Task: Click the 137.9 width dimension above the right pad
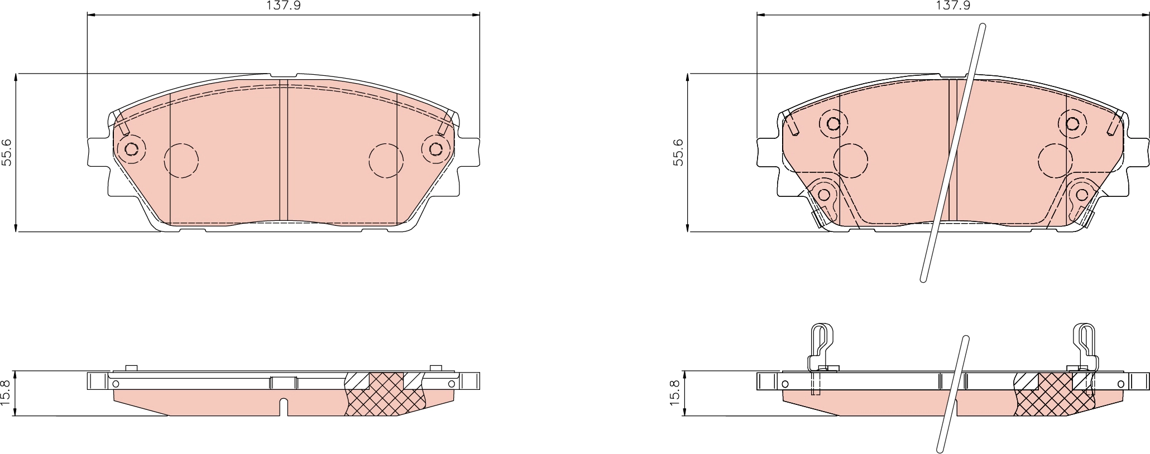coord(953,6)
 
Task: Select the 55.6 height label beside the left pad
coord(7,152)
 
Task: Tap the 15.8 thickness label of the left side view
coord(7,394)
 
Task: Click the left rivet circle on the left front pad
coord(132,149)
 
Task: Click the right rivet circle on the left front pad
coord(435,149)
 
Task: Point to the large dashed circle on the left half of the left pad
coord(181,161)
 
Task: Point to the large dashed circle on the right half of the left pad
coord(386,161)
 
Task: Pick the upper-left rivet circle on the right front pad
coord(833,123)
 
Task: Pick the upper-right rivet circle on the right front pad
coord(1072,123)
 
